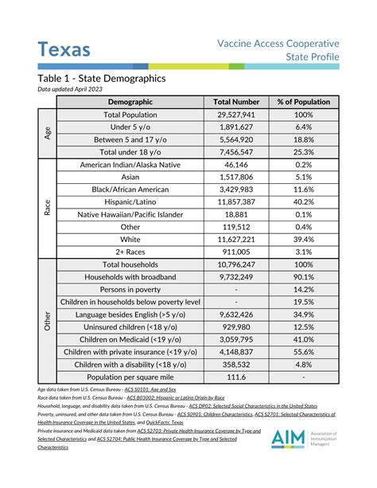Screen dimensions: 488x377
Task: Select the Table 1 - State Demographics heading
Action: pos(101,79)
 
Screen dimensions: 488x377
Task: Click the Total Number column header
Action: pos(235,102)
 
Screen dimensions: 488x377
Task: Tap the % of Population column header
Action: pos(302,102)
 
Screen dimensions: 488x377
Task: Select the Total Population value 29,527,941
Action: pos(235,115)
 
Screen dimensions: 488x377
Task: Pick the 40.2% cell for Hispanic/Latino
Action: pos(302,202)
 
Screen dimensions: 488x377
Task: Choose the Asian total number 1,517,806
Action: pos(235,177)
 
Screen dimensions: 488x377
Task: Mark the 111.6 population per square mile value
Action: pos(235,376)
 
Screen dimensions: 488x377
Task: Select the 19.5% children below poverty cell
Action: pos(302,302)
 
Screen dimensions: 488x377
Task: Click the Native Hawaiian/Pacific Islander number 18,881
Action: pos(235,214)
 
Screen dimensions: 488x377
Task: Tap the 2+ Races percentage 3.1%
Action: pos(302,252)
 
